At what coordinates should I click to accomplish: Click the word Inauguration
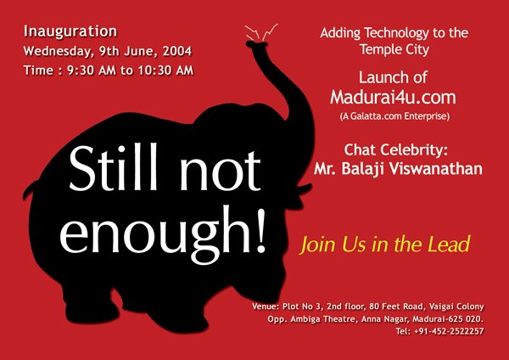[70, 31]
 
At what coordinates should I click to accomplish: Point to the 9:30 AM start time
[92, 70]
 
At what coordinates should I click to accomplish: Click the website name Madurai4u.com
[393, 97]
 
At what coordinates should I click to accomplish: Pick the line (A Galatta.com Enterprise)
[394, 116]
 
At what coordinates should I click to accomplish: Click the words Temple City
[394, 49]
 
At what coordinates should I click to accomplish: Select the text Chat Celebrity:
[395, 149]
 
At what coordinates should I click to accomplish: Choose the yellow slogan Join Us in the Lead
[385, 245]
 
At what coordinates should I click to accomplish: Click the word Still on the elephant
[114, 166]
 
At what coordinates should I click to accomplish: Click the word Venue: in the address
[266, 307]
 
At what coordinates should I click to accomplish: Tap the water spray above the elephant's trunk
[261, 32]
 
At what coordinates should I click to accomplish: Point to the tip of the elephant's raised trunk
[256, 44]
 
